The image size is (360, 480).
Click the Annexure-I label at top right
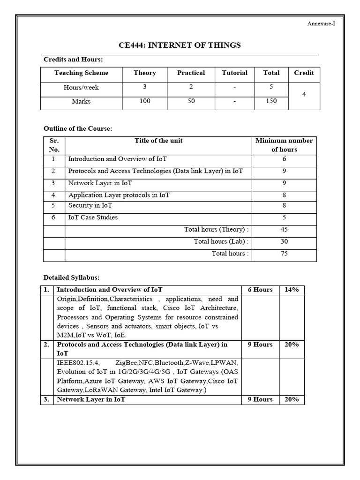[x=321, y=23]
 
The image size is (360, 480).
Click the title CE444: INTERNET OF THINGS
[x=180, y=45]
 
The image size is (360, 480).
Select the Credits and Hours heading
[x=73, y=60]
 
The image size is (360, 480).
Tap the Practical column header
[x=191, y=73]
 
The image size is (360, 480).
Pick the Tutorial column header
[x=234, y=73]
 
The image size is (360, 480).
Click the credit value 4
[x=304, y=95]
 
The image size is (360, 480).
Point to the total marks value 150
[x=271, y=101]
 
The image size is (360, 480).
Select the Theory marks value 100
[x=145, y=101]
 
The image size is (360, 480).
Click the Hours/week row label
[x=81, y=88]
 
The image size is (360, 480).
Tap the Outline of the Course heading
[x=78, y=128]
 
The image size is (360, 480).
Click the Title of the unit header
[x=158, y=141]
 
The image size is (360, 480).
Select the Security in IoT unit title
[x=90, y=205]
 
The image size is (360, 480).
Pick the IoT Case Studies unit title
[x=93, y=217]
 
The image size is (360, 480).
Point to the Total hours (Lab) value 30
[x=284, y=242]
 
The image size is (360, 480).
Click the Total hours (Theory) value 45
[x=284, y=230]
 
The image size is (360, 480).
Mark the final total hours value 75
[x=284, y=254]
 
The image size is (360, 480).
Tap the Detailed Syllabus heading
[x=71, y=277]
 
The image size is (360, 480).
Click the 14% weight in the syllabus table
[x=291, y=290]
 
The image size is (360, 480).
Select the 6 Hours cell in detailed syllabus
[x=260, y=290]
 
